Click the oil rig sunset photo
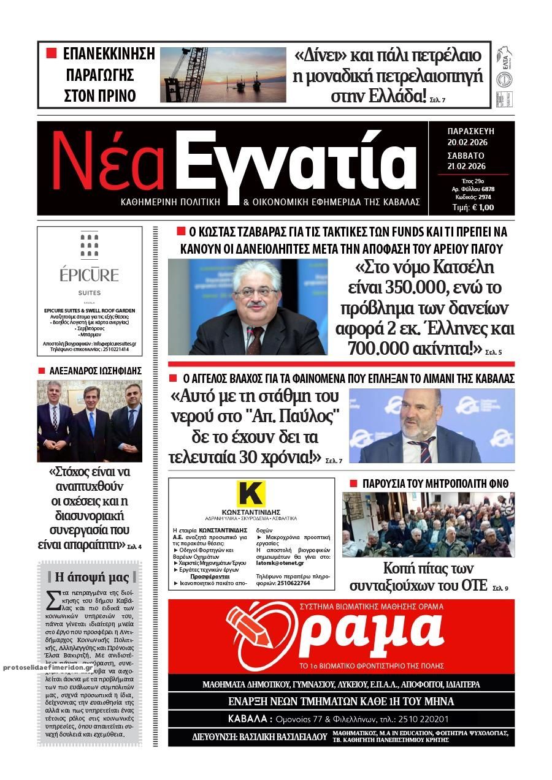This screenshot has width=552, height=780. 223,75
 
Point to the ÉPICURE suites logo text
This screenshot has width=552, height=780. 89,275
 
